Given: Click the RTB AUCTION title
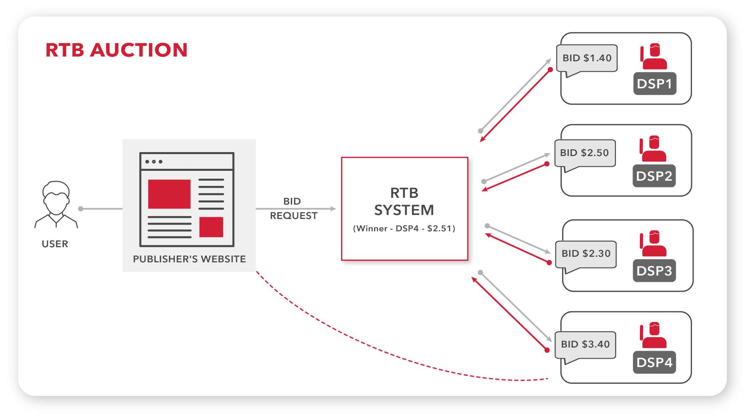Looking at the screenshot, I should (116, 50).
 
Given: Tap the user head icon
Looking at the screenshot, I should (56, 198).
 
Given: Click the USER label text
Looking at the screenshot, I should (55, 244).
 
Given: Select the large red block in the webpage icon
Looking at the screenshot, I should (169, 194).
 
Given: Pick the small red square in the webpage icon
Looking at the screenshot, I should (211, 227).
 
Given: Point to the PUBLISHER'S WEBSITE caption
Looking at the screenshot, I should (189, 259).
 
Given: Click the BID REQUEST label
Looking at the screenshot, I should (294, 209).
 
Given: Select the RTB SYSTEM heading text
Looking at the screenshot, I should (404, 201).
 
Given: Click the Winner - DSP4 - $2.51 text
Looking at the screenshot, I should (404, 229).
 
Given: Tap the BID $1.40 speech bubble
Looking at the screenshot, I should (587, 58).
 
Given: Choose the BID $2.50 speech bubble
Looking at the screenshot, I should (584, 153).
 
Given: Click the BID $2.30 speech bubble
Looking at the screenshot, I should (586, 254).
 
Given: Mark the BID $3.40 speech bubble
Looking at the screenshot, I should (585, 344).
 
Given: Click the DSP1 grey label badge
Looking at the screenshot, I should (655, 84).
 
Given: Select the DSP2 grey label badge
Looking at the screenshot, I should (654, 176).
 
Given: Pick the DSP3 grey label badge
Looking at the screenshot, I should (654, 271).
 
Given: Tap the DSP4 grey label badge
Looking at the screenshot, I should (654, 362).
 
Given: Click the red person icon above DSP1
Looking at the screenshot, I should (654, 57).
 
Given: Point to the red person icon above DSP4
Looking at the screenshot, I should (653, 335).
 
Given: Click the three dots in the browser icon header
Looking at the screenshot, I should (154, 162).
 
